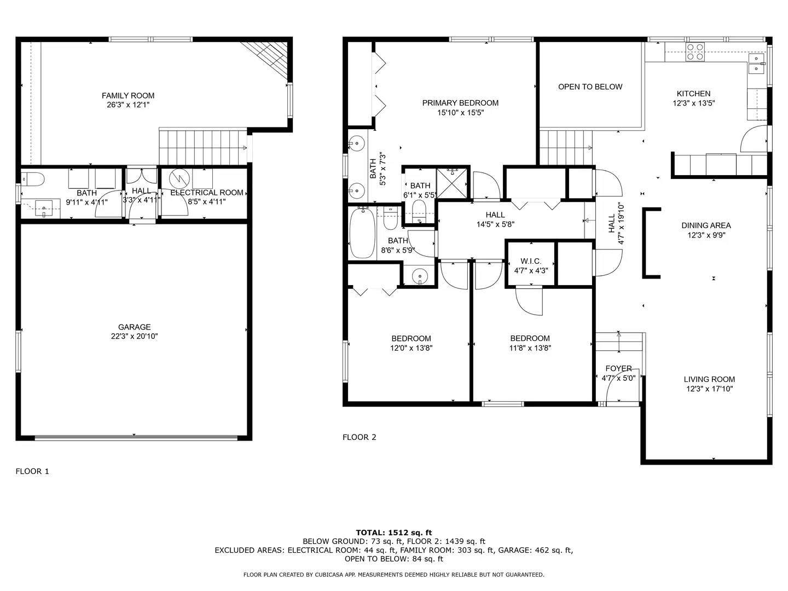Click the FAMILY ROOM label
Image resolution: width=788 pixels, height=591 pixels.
[x=128, y=95]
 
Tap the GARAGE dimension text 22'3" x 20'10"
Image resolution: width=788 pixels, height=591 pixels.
[x=134, y=337]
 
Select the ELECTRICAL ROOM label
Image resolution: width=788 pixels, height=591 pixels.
[x=206, y=193]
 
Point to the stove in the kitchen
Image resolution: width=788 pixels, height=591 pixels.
[x=695, y=52]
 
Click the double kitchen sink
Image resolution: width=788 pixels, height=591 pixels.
[x=756, y=63]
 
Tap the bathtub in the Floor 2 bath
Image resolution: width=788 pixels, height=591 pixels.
[x=362, y=233]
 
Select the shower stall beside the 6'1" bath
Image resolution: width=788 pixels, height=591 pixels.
[x=452, y=182]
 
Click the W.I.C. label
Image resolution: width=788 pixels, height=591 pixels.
[x=531, y=261]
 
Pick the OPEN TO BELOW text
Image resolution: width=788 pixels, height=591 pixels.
[x=590, y=86]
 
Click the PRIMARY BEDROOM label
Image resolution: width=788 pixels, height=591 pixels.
[x=460, y=103]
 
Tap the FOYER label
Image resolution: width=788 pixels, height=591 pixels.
[x=618, y=368]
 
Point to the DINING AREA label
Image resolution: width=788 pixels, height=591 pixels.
[x=706, y=225]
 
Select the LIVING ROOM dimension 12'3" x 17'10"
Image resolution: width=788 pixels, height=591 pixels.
[x=709, y=389]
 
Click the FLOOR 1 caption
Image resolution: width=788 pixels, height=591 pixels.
[x=32, y=471]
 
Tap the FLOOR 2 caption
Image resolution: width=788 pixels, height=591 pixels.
[x=359, y=437]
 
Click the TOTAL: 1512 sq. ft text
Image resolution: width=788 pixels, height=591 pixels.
[x=393, y=532]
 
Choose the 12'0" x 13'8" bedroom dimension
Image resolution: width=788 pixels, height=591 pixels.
[x=411, y=348]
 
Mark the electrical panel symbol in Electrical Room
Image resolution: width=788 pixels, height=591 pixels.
[x=178, y=178]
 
